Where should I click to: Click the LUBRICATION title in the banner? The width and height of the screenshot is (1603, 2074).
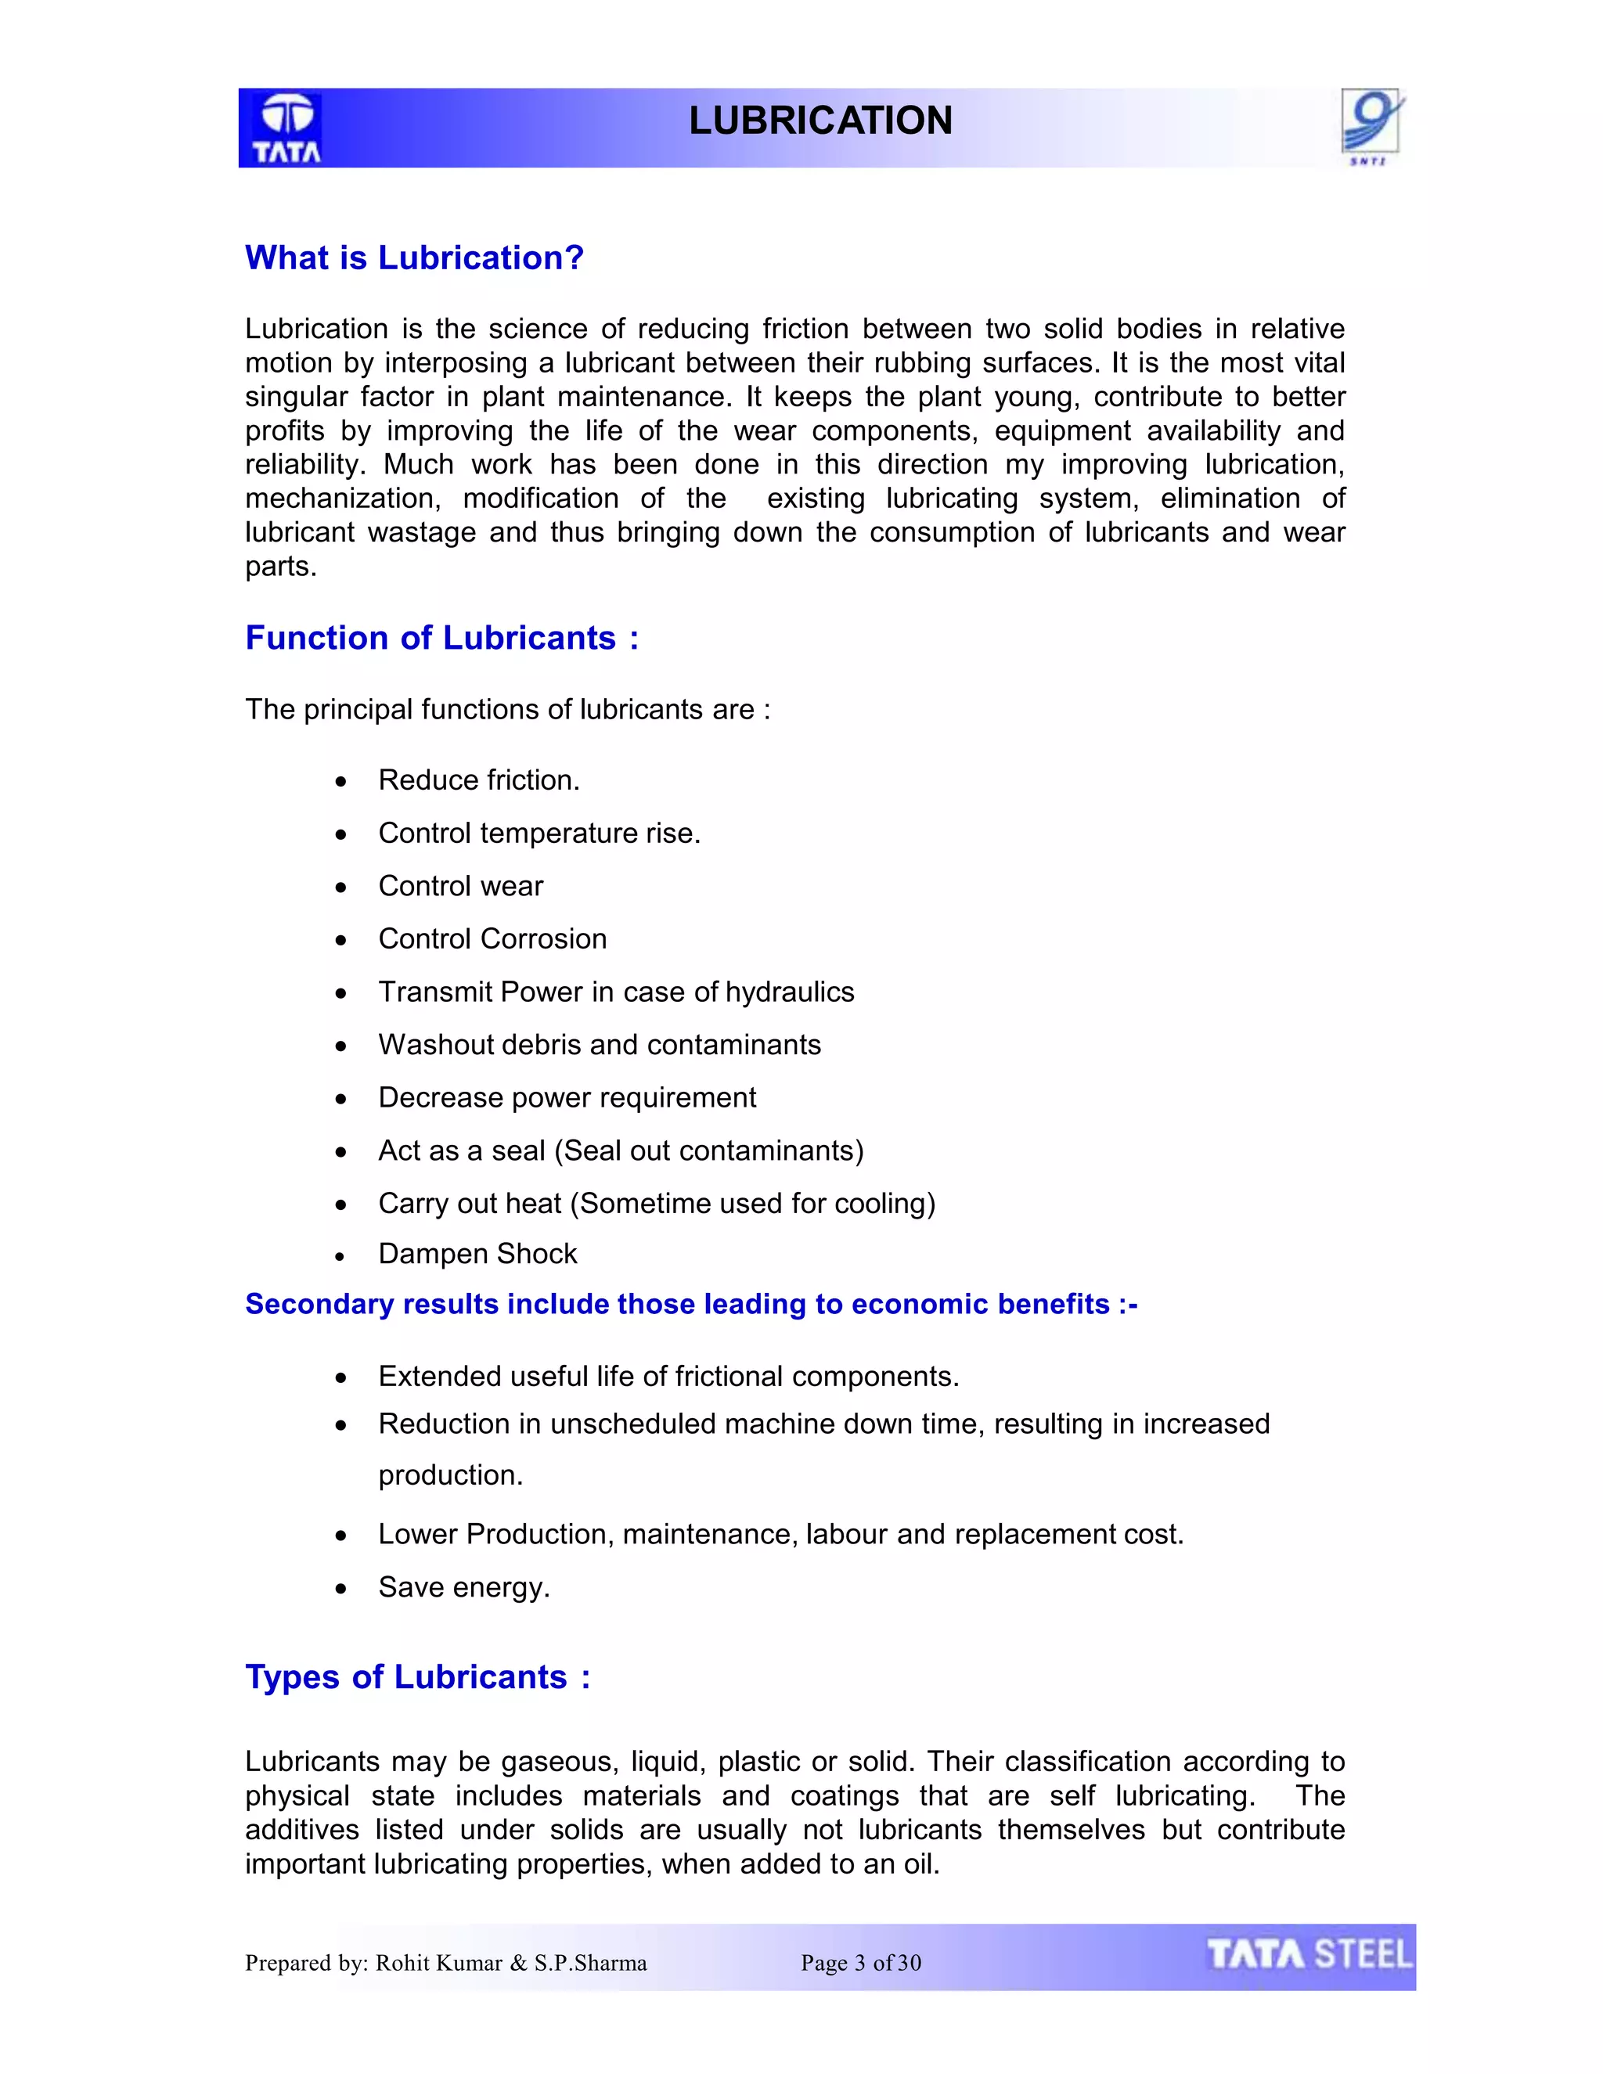[x=820, y=121]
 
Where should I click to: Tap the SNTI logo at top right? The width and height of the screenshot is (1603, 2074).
[x=1371, y=126]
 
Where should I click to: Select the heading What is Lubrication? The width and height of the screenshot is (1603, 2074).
[x=414, y=258]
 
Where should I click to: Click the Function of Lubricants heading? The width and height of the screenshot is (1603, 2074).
[x=441, y=638]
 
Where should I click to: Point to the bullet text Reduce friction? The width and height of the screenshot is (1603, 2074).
[x=478, y=780]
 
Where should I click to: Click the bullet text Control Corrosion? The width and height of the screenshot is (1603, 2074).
[x=492, y=939]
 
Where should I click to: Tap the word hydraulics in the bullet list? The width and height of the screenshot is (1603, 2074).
[x=789, y=992]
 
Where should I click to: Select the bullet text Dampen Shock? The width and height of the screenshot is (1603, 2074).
[x=477, y=1255]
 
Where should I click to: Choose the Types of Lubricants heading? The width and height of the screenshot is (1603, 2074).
[x=418, y=1678]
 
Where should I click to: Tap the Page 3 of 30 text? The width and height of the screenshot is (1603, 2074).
[x=860, y=1964]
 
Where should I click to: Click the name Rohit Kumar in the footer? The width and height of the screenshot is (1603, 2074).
[x=439, y=1964]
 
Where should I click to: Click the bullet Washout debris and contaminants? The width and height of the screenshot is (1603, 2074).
[x=600, y=1046]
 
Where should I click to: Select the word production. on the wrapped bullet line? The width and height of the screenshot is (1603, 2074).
[x=450, y=1476]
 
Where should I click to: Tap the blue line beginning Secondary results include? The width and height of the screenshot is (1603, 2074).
[x=690, y=1305]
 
